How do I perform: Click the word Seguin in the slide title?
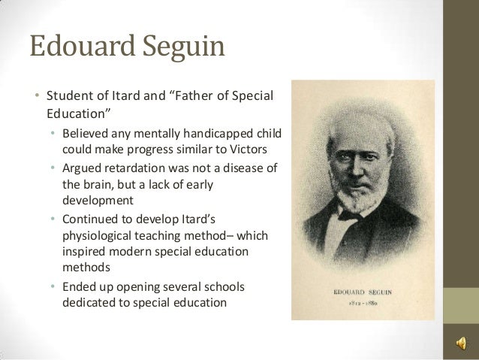click(182, 47)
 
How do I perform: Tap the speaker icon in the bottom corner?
click(459, 343)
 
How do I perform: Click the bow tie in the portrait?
click(348, 214)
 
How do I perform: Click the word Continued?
click(91, 218)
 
